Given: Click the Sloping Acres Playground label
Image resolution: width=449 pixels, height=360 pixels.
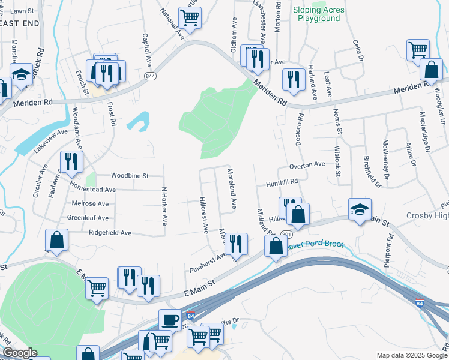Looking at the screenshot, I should (318, 14).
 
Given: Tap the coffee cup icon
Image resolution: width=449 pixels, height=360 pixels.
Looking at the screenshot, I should (170, 319).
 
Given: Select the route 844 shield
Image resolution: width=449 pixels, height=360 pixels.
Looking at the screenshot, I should (150, 76).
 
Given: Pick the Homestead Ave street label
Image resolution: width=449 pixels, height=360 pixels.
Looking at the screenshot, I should (93, 189).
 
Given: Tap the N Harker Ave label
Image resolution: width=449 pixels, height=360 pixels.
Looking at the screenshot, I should (163, 205).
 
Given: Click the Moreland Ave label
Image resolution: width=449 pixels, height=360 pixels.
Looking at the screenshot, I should (231, 188).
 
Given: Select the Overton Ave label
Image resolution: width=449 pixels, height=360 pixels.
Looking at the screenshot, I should (307, 164).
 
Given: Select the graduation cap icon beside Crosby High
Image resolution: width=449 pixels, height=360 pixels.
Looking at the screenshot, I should (360, 209).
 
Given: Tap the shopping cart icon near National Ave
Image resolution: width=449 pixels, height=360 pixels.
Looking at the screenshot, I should (190, 18).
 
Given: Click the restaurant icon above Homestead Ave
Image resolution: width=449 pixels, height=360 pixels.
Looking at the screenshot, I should (71, 161).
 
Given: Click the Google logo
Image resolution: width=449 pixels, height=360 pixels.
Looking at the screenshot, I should (19, 353).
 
